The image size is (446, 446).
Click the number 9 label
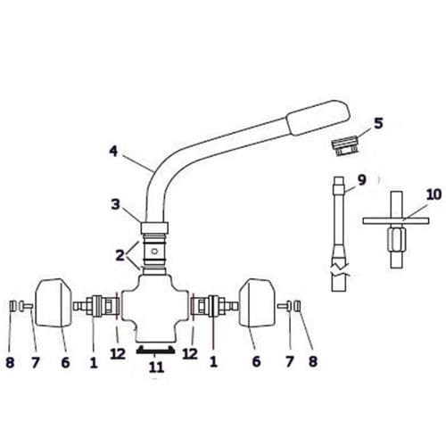[361, 179]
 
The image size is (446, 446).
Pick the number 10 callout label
[409, 194]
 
